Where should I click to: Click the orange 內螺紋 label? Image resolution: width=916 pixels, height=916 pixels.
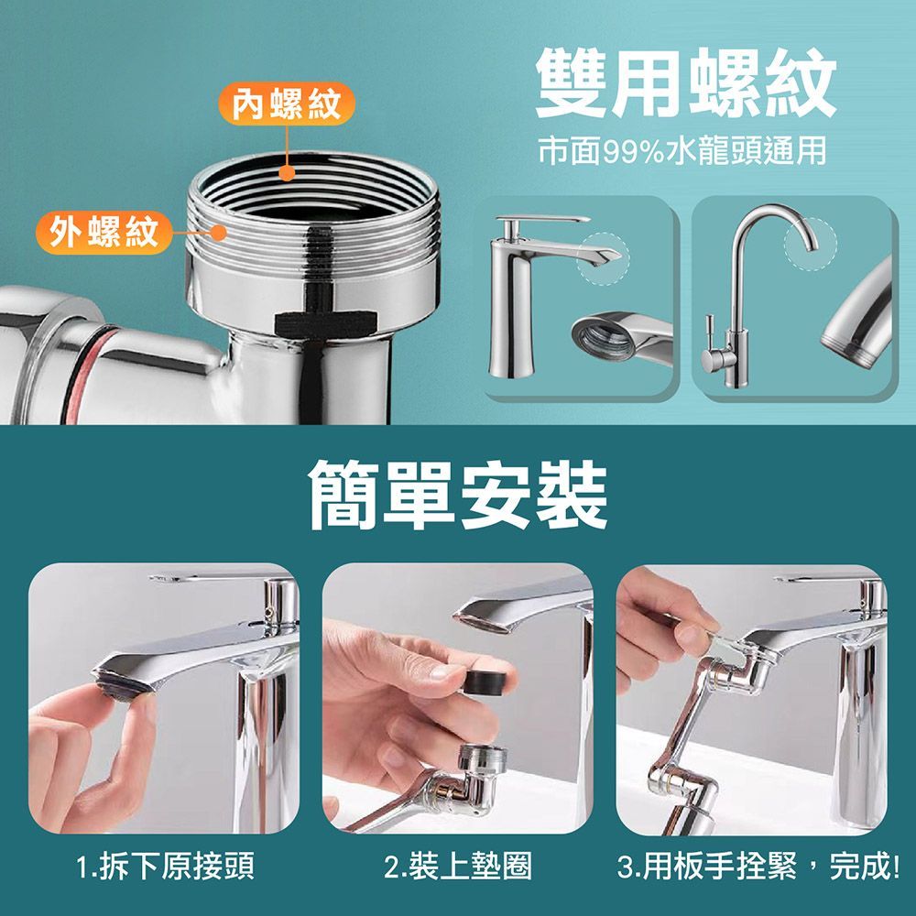click(x=286, y=104)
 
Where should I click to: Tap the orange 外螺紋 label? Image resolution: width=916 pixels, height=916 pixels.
click(x=104, y=232)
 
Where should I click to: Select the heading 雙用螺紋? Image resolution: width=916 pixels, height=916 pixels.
click(x=686, y=82)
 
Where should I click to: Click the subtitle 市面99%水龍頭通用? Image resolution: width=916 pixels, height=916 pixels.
click(x=682, y=151)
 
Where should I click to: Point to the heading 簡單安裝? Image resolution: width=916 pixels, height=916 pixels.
click(x=459, y=495)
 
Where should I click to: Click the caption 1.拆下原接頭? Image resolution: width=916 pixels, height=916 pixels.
click(x=165, y=866)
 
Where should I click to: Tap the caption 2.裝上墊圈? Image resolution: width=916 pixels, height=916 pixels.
click(x=458, y=866)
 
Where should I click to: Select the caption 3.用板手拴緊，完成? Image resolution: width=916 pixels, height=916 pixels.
click(x=758, y=866)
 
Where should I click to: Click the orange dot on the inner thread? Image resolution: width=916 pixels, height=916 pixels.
click(x=287, y=172)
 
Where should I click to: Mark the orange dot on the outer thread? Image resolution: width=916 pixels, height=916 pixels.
click(x=219, y=233)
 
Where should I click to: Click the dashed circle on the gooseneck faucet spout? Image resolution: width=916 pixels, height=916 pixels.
click(x=811, y=243)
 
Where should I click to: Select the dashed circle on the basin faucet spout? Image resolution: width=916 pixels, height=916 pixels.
click(x=603, y=259)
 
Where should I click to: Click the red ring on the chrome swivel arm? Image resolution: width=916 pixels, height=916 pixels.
click(x=83, y=374)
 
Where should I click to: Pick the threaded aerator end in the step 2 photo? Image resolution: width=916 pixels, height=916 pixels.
click(x=483, y=760)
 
